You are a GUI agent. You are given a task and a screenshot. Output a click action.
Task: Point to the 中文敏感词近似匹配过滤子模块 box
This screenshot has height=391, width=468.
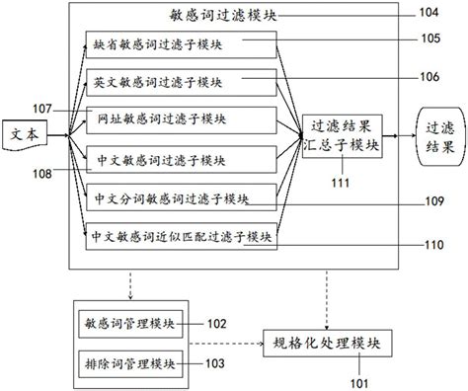(179, 237)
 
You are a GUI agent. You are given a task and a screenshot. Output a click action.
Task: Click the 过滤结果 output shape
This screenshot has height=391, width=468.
(436, 136)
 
